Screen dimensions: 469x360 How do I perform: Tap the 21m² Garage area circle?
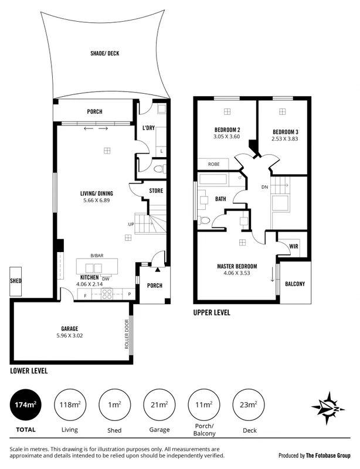pyautogui.click(x=159, y=405)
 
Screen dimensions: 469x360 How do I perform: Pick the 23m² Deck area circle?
pyautogui.click(x=249, y=405)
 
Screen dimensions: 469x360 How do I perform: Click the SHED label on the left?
pyautogui.click(x=16, y=281)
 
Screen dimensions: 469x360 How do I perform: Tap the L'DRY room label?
pyautogui.click(x=148, y=128)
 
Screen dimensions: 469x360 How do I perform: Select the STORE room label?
pyautogui.click(x=156, y=191)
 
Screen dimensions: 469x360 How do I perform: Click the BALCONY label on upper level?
pyautogui.click(x=295, y=284)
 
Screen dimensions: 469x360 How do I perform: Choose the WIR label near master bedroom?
pyautogui.click(x=294, y=247)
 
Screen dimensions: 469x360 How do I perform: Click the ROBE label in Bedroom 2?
pyautogui.click(x=214, y=165)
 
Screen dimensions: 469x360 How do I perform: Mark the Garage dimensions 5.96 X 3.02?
pyautogui.click(x=69, y=336)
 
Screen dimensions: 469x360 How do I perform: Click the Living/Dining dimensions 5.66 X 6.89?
pyautogui.click(x=97, y=200)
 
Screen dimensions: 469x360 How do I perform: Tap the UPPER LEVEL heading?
pyautogui.click(x=212, y=313)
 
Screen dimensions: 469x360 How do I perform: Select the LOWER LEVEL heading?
pyautogui.click(x=29, y=371)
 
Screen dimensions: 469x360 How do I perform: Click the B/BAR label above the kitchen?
pyautogui.click(x=97, y=255)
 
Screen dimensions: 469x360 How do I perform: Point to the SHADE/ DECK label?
pyautogui.click(x=104, y=53)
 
